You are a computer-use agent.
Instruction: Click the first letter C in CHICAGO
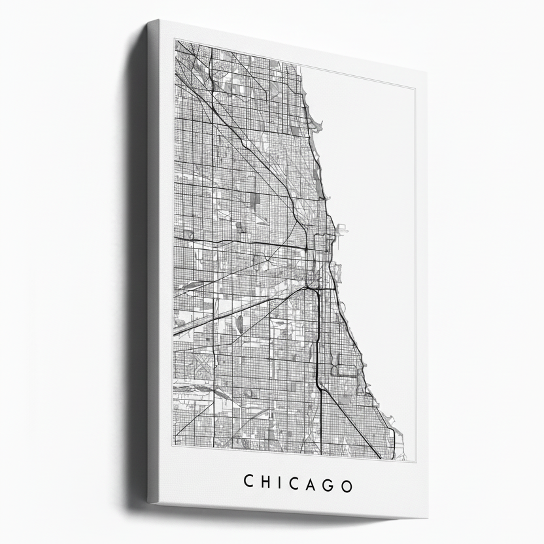pyautogui.click(x=249, y=482)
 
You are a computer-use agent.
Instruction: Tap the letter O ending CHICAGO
pyautogui.click(x=347, y=486)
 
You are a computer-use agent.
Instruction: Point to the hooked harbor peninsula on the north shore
pyautogui.click(x=315, y=124)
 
